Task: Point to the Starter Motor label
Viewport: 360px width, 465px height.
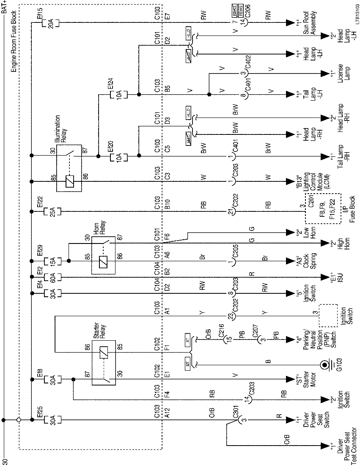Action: coord(311,379)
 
